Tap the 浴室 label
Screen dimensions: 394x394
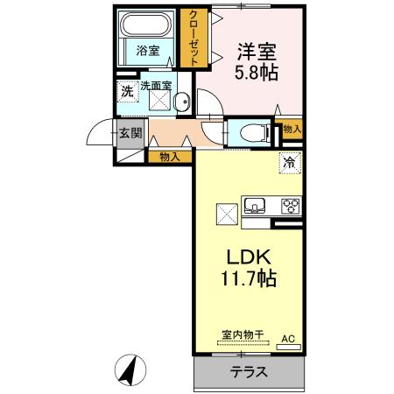click(x=148, y=51)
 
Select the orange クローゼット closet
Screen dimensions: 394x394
click(x=193, y=38)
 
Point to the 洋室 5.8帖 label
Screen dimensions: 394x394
click(x=257, y=61)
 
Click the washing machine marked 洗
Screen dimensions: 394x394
click(x=128, y=92)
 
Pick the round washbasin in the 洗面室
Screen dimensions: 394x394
click(x=182, y=102)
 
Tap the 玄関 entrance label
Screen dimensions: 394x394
click(x=130, y=133)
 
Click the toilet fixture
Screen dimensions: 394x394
click(x=254, y=133)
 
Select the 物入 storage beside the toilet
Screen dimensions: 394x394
click(x=292, y=129)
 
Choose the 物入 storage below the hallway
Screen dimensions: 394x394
click(x=170, y=157)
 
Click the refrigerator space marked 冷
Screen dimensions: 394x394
click(x=290, y=163)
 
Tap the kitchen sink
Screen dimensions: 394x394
click(x=255, y=205)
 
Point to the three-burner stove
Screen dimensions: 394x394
click(x=291, y=206)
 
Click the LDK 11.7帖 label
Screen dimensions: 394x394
click(x=249, y=268)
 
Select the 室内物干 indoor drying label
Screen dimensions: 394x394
click(x=243, y=334)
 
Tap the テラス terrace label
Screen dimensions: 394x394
click(x=249, y=372)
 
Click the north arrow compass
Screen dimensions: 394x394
click(x=130, y=370)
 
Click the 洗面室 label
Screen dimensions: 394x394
click(x=156, y=86)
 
